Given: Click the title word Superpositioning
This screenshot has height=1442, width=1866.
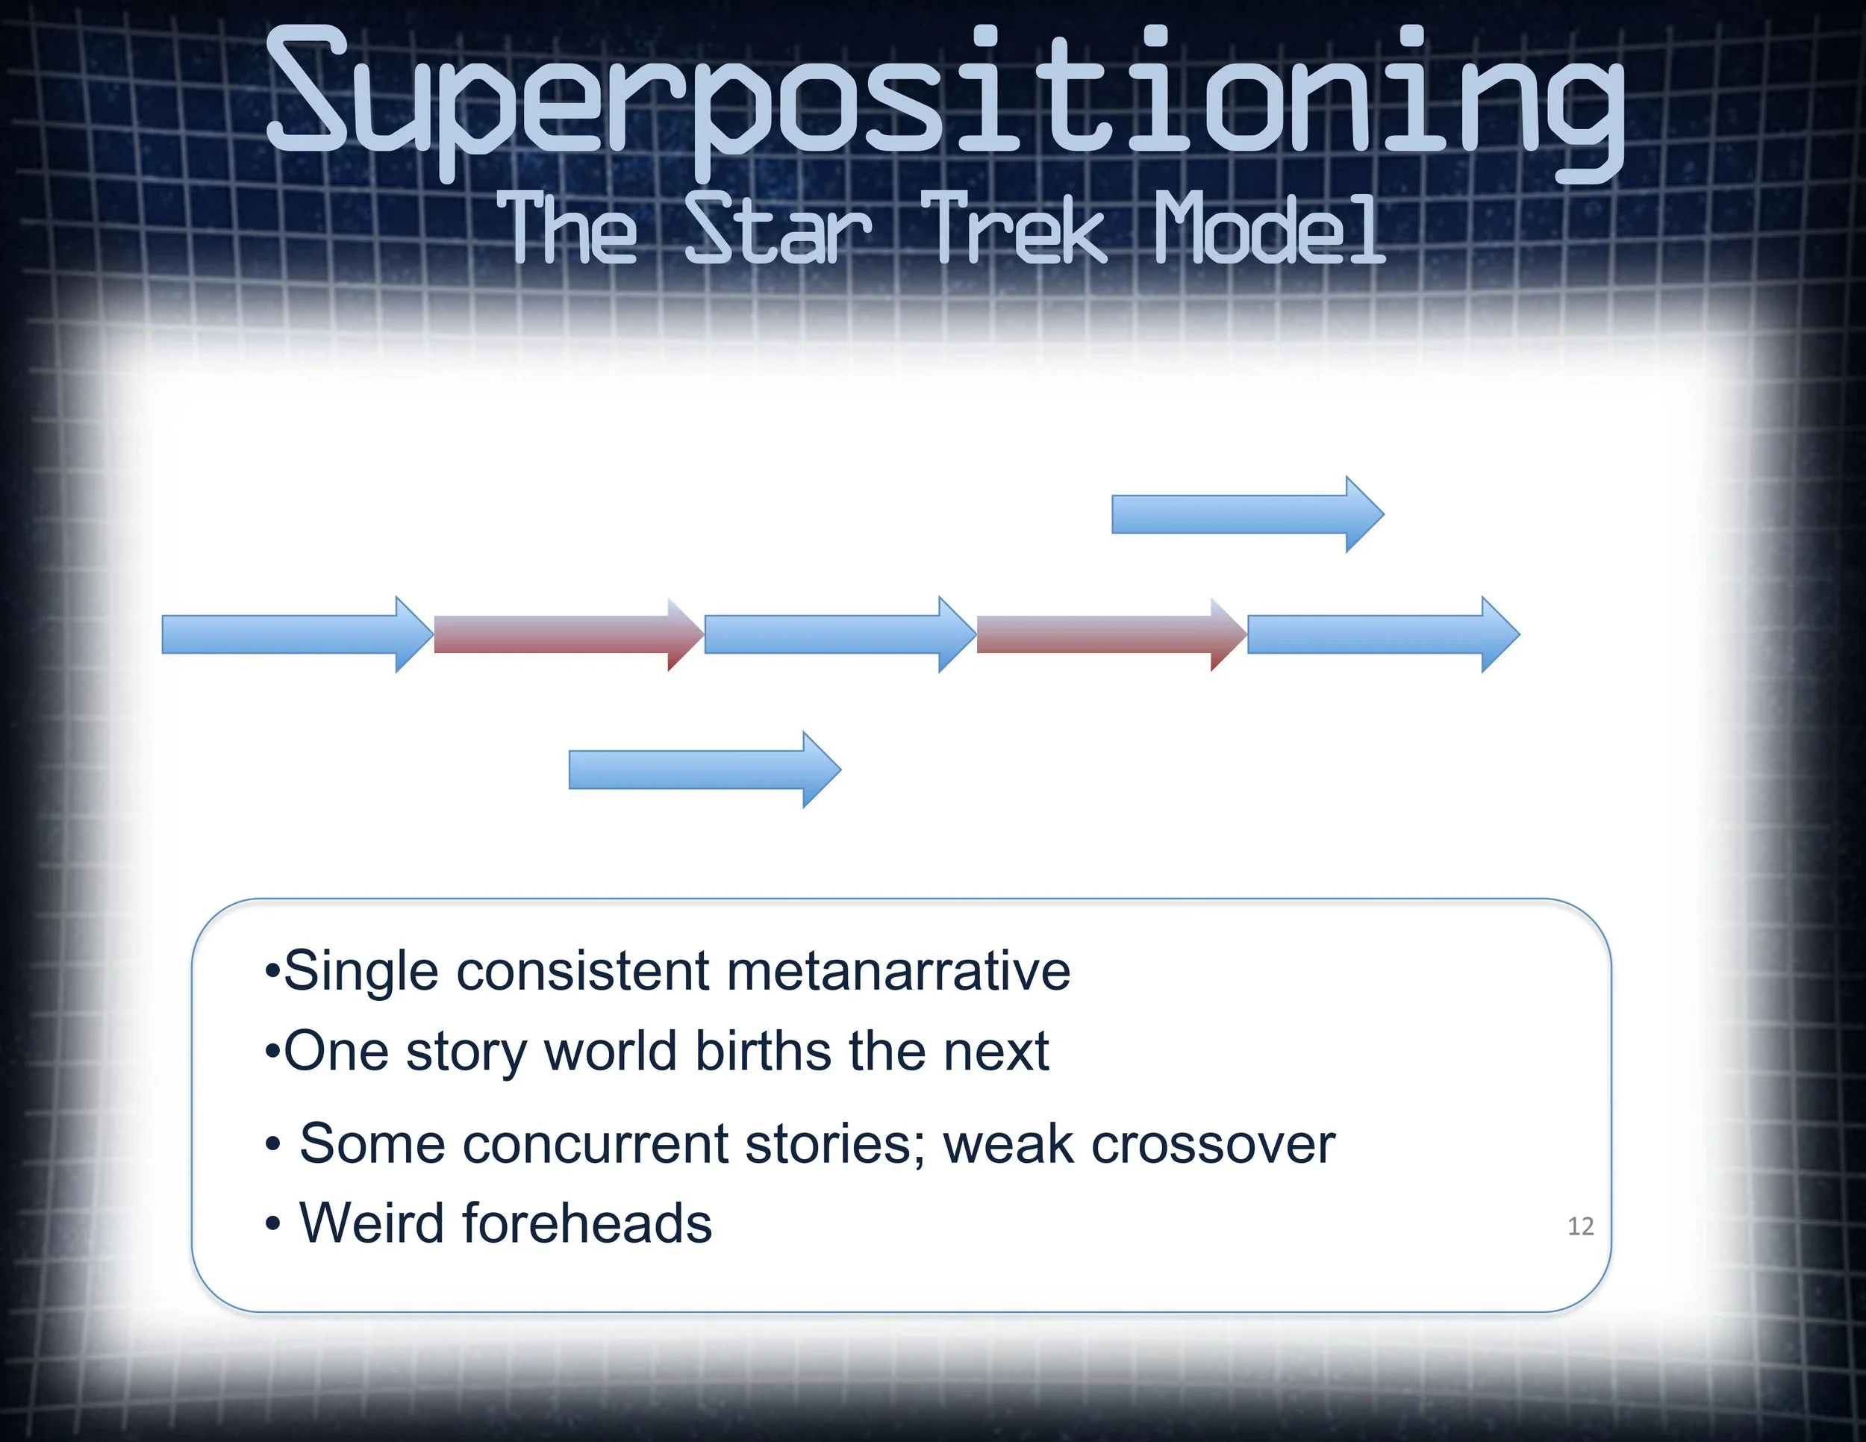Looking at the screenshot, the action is click(x=945, y=102).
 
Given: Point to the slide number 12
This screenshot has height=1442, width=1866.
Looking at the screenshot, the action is click(x=1581, y=1227).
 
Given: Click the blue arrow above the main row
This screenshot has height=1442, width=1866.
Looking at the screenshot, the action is click(x=1247, y=514).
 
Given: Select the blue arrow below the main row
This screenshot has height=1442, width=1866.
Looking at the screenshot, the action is click(x=705, y=770).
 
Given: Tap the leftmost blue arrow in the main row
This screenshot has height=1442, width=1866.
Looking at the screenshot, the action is click(x=297, y=634).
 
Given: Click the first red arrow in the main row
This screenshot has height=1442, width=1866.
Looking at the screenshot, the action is click(x=569, y=634).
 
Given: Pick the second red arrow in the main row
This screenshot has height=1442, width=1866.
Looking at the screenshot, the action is click(x=1111, y=634).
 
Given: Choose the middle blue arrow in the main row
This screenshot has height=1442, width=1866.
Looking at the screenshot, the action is click(x=840, y=634).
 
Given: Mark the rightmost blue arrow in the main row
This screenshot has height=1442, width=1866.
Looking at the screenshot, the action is click(x=1383, y=634).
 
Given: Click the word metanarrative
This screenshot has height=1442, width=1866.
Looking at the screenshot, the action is click(x=898, y=971).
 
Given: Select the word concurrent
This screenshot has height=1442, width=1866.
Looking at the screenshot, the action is click(x=596, y=1144).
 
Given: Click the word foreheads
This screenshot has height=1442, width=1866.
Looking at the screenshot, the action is click(x=588, y=1223).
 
